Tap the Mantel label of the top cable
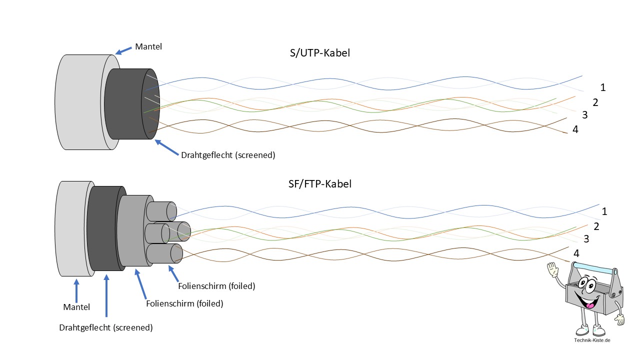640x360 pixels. point(148,47)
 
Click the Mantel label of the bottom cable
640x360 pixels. point(76,307)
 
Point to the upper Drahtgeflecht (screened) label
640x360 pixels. point(228,155)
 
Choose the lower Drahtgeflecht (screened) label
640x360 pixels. point(105,328)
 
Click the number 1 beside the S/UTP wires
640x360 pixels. point(603,87)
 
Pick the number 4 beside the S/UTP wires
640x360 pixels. point(575,129)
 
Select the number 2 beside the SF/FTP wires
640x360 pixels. point(596,226)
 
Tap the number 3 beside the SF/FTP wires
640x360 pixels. point(586,239)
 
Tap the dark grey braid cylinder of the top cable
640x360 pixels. point(125,105)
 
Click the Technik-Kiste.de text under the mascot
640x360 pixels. point(592,340)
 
